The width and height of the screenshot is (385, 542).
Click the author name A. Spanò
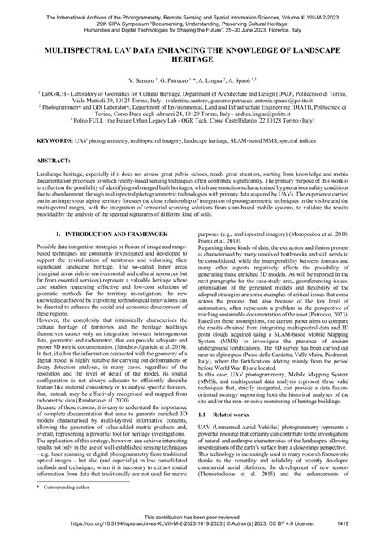[x=241, y=83]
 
